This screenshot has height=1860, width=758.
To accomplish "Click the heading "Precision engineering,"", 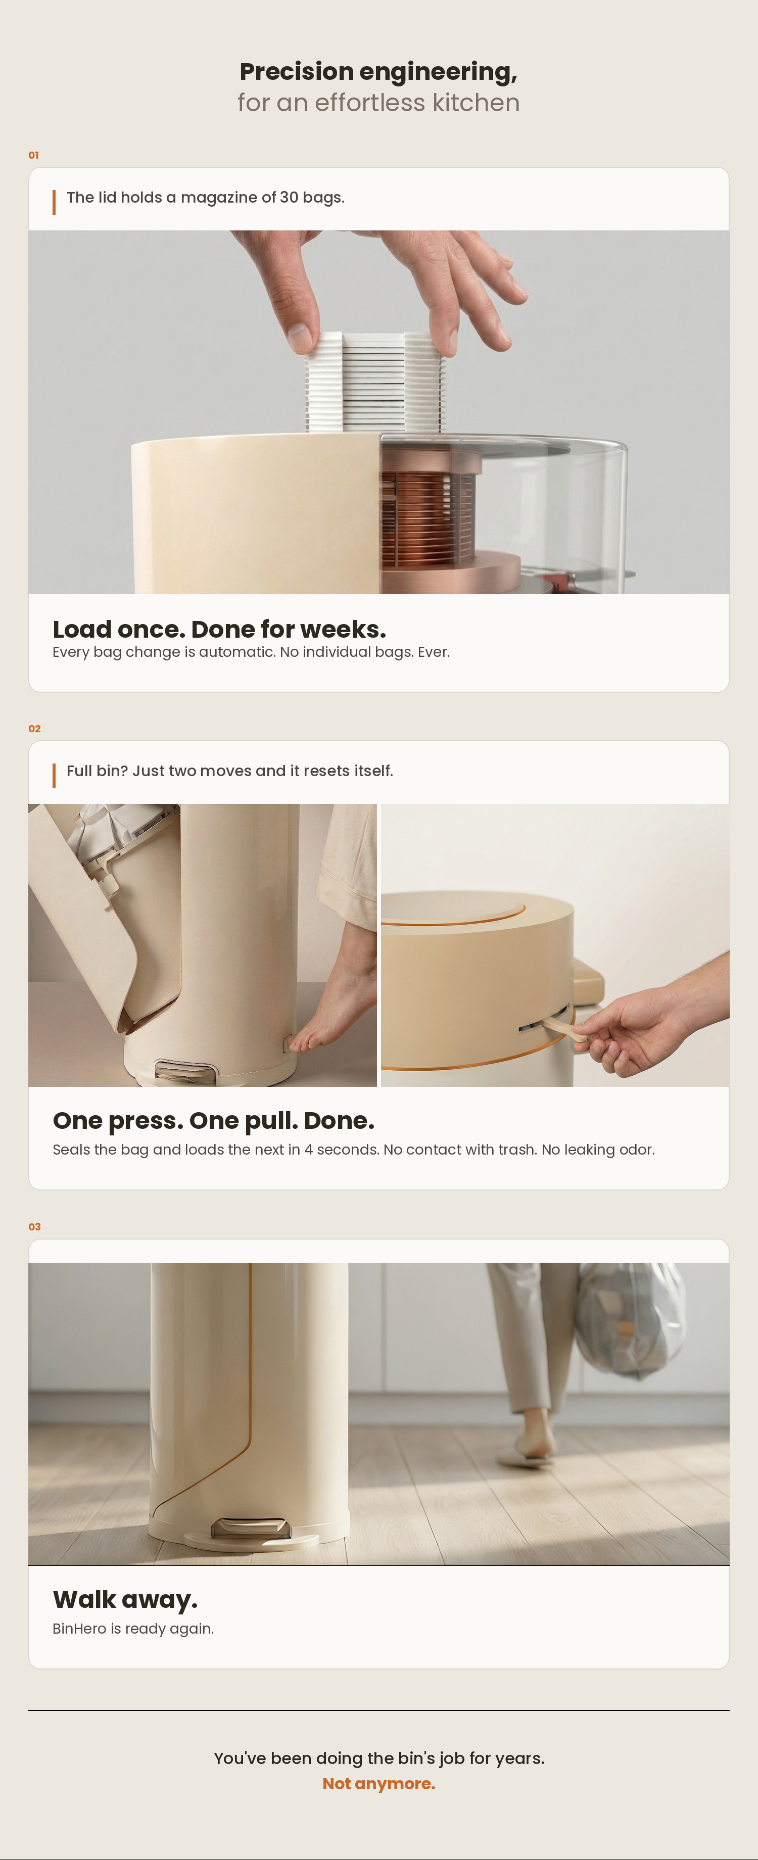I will coord(378,71).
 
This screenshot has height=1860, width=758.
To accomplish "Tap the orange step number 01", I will coord(33,155).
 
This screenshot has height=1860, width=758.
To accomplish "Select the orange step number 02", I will coord(34,729).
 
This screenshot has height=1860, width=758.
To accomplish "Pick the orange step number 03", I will coord(34,1227).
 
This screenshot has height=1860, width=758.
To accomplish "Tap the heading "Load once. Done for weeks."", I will coord(219,629).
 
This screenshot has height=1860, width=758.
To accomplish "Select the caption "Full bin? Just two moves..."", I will coord(229,771).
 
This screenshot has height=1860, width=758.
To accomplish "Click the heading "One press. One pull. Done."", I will coord(213,1121).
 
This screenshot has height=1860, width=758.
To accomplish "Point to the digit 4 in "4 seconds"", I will coord(308,1150).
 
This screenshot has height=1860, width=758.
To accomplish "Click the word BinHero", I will coord(79,1629).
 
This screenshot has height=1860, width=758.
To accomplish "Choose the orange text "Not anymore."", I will coord(378,1784).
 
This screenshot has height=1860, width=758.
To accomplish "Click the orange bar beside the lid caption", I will coord(54,202).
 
